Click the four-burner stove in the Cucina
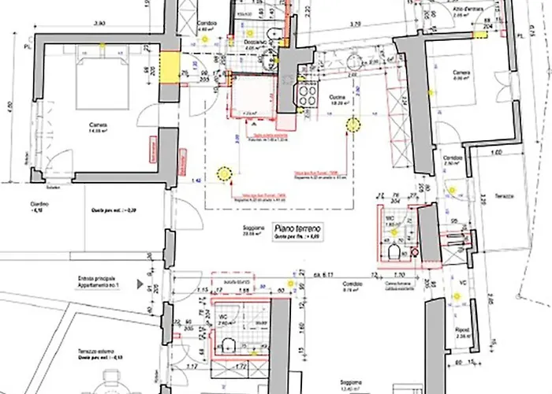tap(304, 95)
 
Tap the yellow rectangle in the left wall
tap(167, 67)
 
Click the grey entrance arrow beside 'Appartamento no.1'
tap(139, 281)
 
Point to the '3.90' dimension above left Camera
tap(99, 26)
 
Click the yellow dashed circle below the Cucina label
tap(352, 125)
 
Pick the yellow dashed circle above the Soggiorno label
tap(223, 174)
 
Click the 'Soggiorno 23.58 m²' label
tap(253, 230)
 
